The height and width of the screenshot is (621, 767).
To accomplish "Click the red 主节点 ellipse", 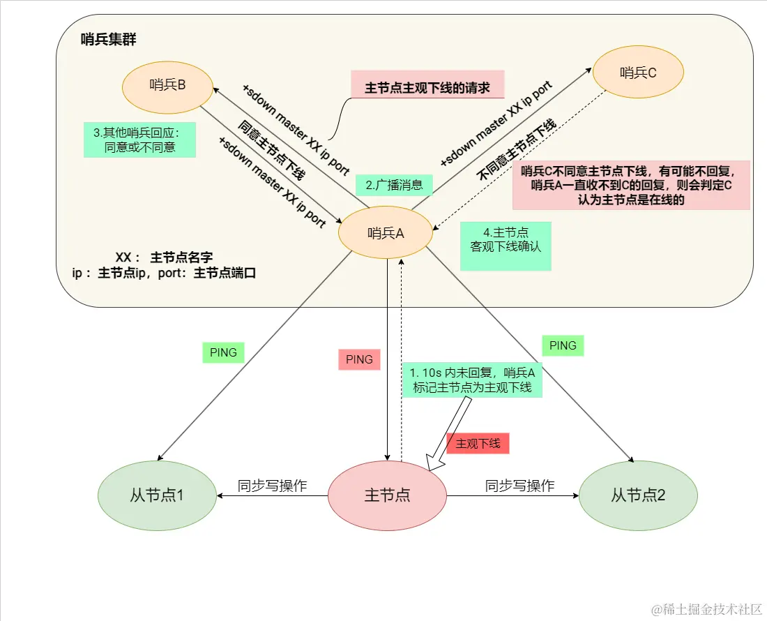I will (x=387, y=495).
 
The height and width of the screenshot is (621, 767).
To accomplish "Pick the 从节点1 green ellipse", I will (x=157, y=495).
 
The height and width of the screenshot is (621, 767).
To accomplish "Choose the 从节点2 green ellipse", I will (x=638, y=495).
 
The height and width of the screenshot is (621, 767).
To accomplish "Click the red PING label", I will (x=360, y=359).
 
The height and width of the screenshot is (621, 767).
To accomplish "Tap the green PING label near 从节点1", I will (x=223, y=352).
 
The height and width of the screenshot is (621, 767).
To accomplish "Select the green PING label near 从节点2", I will (x=563, y=345).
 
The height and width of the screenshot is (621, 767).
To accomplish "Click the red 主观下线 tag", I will (x=478, y=444).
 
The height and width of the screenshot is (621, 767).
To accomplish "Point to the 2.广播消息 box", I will (x=394, y=185).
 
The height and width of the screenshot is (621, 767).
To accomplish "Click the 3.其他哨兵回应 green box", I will (x=139, y=140).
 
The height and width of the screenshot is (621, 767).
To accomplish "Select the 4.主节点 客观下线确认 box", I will (x=506, y=246).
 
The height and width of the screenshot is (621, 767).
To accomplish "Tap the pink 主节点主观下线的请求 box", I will (x=427, y=87).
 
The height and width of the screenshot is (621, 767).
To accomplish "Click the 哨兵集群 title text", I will (x=108, y=40).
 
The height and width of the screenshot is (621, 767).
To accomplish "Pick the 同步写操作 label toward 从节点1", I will (x=272, y=486).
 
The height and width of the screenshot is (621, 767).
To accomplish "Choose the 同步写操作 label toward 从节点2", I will (x=519, y=486).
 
